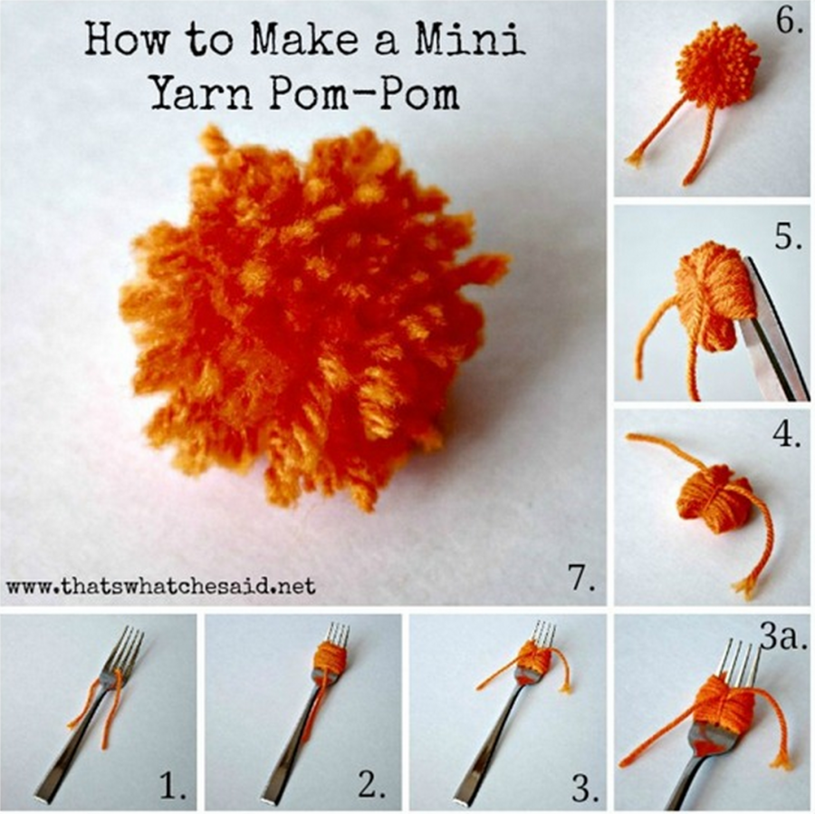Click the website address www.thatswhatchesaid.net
(160, 586)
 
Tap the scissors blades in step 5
(770, 335)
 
